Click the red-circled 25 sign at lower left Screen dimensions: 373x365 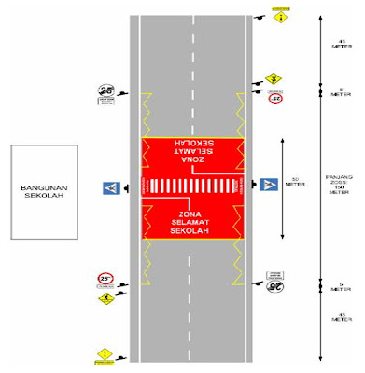point(105,279)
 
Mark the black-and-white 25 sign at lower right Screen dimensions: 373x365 point(274,285)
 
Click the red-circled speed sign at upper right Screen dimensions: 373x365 point(274,97)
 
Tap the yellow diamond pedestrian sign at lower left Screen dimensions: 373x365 point(105,297)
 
